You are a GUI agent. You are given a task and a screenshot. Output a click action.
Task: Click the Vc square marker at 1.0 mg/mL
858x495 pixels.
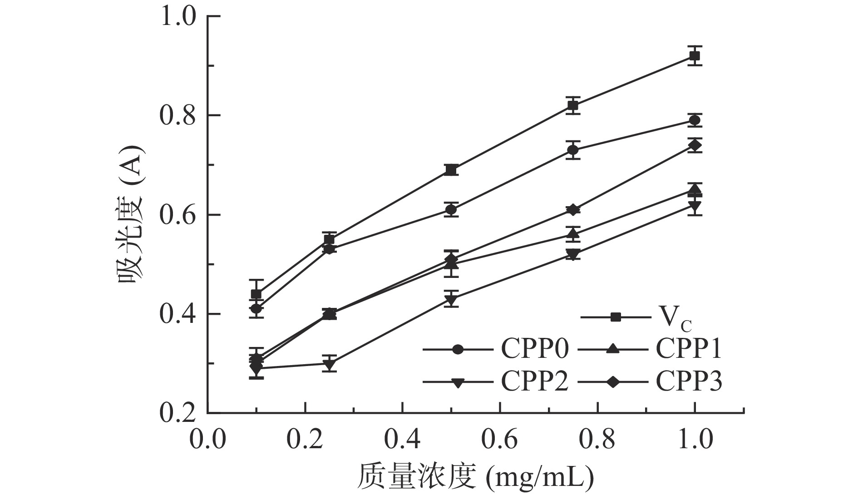point(694,56)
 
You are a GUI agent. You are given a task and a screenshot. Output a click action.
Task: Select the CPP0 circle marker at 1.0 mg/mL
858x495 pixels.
point(694,120)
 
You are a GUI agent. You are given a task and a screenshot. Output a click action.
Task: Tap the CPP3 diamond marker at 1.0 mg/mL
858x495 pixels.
point(694,145)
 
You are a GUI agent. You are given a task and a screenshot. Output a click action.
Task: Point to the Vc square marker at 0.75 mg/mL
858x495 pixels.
point(573,106)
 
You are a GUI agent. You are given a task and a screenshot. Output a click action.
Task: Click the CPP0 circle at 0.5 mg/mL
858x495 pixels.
point(451,209)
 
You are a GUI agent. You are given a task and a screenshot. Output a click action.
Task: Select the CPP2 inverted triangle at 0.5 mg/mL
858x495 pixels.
point(451,300)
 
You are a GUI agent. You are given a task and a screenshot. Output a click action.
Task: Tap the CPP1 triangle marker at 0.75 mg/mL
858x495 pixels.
point(573,234)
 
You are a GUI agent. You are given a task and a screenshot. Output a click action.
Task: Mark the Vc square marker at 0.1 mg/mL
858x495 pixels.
point(256,294)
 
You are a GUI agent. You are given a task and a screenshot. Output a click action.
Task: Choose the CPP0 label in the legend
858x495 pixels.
point(534,349)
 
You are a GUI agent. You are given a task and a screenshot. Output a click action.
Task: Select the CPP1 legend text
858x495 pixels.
point(688,349)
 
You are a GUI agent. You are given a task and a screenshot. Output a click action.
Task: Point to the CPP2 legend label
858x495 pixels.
point(534,381)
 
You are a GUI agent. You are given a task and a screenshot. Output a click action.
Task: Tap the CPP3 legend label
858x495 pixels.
point(688,381)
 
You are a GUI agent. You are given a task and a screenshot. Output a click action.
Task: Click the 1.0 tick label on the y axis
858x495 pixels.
point(178,16)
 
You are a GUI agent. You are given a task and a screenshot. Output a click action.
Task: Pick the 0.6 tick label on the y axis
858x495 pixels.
point(178,215)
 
